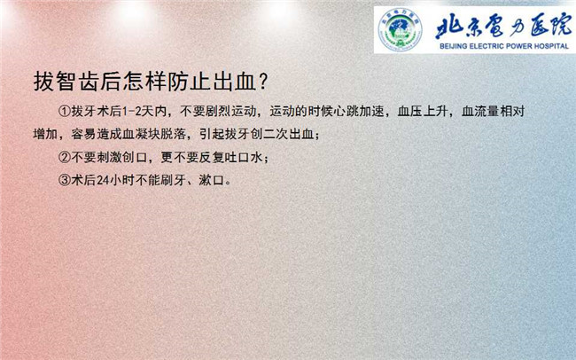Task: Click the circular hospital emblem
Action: coord(400,29)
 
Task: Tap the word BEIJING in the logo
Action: coord(454,46)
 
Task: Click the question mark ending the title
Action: coord(263,82)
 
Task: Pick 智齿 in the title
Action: coord(77,82)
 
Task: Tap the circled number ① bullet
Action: coord(65,111)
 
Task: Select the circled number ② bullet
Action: coord(65,157)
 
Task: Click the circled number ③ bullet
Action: coord(65,180)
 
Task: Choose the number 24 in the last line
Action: coord(103,181)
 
